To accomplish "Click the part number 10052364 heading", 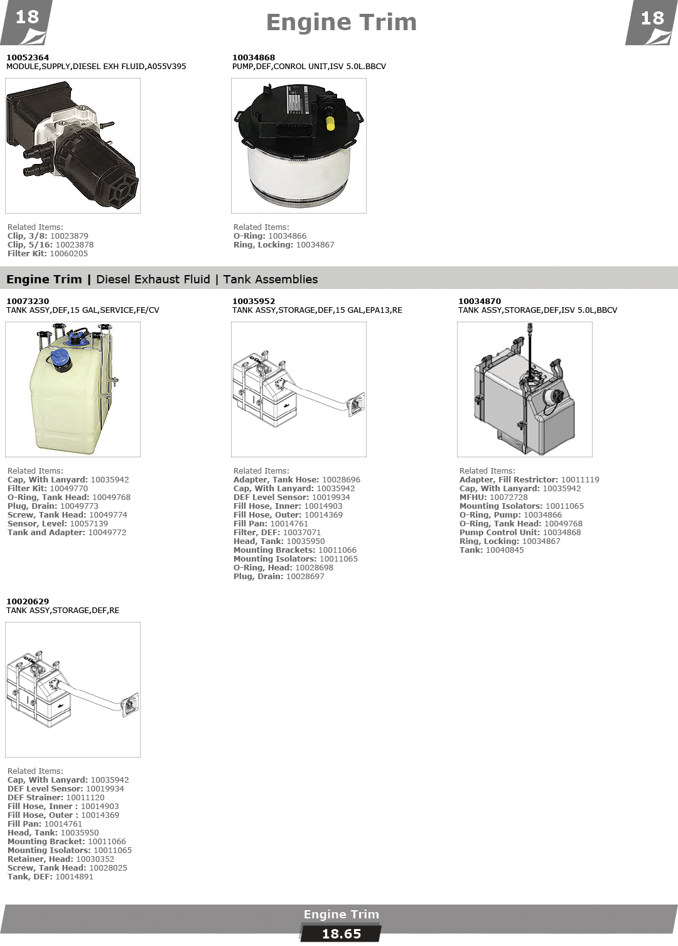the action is pyautogui.click(x=28, y=57).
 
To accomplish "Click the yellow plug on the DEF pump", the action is pyautogui.click(x=331, y=123).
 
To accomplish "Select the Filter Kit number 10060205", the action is pyautogui.click(x=69, y=253).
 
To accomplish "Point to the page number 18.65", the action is pyautogui.click(x=342, y=934).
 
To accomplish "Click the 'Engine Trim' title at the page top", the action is pyautogui.click(x=341, y=23).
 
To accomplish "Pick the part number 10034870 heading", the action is pyautogui.click(x=480, y=301).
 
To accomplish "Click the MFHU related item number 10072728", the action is pyautogui.click(x=508, y=497).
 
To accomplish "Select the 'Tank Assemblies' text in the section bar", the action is pyautogui.click(x=271, y=279).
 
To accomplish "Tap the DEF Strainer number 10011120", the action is pyautogui.click(x=85, y=797).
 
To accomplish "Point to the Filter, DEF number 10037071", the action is pyautogui.click(x=302, y=533).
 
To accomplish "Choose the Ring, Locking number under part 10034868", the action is pyautogui.click(x=315, y=244).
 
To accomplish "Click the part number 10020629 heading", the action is pyautogui.click(x=28, y=601).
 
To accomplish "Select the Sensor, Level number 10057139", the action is pyautogui.click(x=89, y=524).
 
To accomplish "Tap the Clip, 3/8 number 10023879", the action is pyautogui.click(x=69, y=236).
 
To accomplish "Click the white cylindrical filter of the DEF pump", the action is pyautogui.click(x=299, y=173).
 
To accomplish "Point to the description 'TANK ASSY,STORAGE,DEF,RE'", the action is pyautogui.click(x=63, y=611).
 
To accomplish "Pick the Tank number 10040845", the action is pyautogui.click(x=505, y=550).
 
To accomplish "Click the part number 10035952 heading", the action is pyautogui.click(x=253, y=301).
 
